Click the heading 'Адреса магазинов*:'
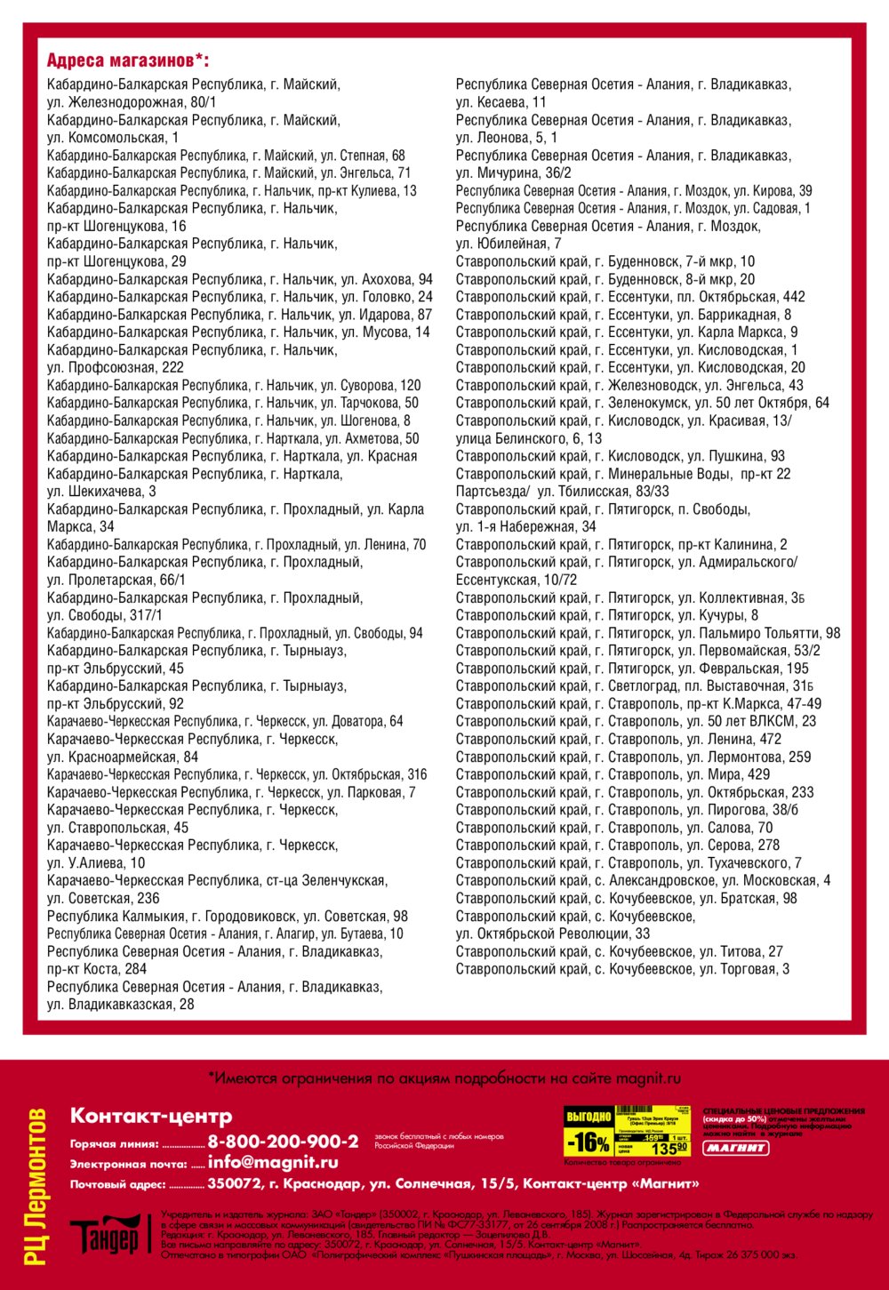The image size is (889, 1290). point(128,60)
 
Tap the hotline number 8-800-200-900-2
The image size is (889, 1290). point(283,1142)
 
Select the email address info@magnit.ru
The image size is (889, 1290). point(273,1162)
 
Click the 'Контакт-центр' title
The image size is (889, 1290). point(151,1116)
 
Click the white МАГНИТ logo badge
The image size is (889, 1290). point(736,1148)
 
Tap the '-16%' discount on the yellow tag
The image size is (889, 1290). point(589,1142)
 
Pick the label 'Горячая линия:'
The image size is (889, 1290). point(115,1144)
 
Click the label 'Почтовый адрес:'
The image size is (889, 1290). point(118,1184)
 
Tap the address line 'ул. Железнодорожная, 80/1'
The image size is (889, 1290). point(132,102)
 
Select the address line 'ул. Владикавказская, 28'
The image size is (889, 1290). point(120,1005)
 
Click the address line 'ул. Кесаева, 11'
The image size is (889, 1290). point(501,102)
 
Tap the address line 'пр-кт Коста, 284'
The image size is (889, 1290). point(97,969)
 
